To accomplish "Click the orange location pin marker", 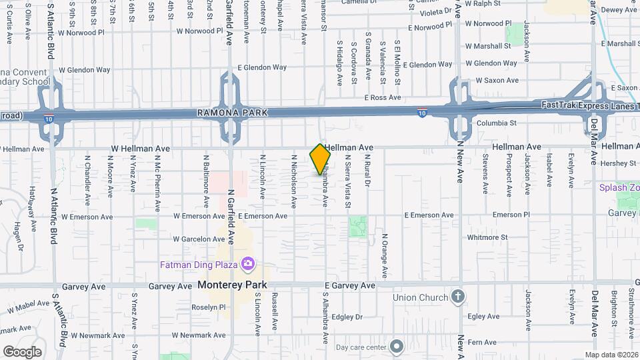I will (321, 159).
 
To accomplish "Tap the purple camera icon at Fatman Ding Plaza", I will (248, 264).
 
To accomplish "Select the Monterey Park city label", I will (232, 285).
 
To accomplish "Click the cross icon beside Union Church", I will (458, 297).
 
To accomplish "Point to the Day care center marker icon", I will (397, 347).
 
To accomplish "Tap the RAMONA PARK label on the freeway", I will (232, 113).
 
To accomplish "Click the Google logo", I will (22, 351).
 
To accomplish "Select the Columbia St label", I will (495, 123).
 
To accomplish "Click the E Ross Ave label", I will (383, 97).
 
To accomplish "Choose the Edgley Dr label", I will (346, 317).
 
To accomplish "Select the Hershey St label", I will (619, 163).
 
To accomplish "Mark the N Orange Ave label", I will (385, 256).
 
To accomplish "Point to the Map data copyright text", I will (611, 355).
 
